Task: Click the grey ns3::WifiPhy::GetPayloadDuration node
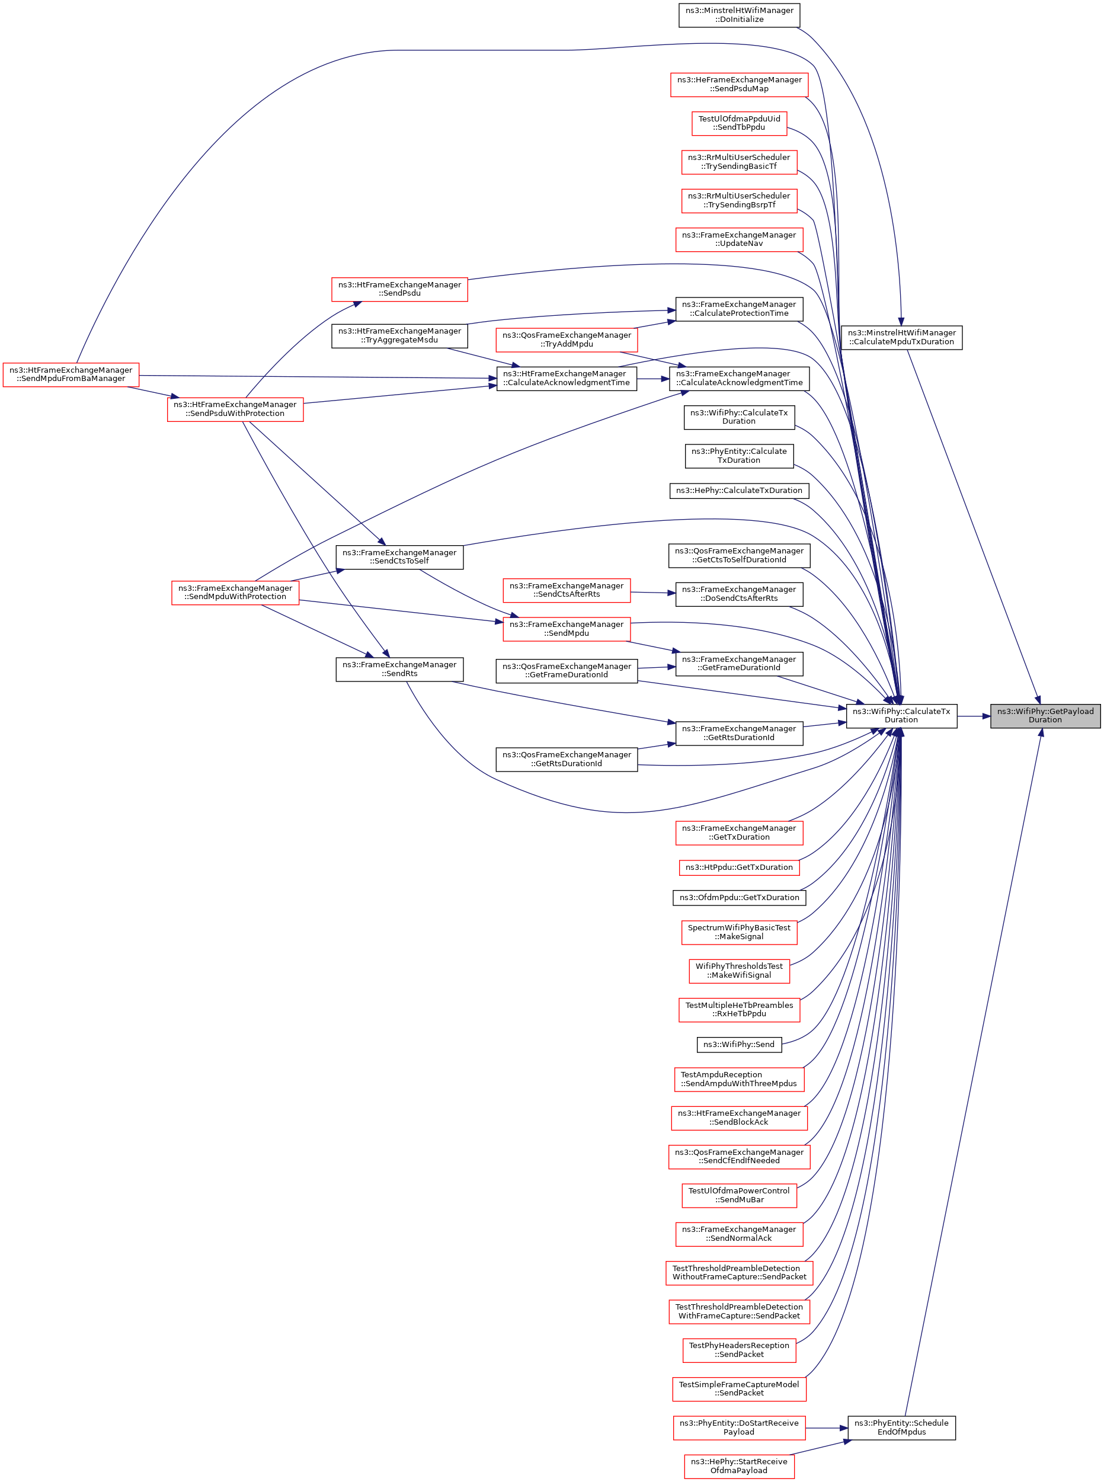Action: (1045, 716)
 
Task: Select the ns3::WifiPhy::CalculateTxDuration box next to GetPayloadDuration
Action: (901, 716)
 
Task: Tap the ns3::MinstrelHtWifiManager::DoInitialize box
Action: (738, 15)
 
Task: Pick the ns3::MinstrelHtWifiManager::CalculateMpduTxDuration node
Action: (901, 337)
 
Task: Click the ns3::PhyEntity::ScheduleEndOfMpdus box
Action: (901, 1428)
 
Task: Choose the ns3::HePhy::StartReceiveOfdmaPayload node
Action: (738, 1466)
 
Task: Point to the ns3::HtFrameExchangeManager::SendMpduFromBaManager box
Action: (71, 374)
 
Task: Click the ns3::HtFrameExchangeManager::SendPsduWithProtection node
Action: (235, 409)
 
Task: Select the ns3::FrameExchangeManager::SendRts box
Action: (399, 669)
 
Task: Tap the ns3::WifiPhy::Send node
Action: (738, 1044)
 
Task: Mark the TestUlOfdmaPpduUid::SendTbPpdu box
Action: (738, 123)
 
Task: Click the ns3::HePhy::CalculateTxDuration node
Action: (738, 491)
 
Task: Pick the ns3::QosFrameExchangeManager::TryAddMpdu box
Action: (566, 340)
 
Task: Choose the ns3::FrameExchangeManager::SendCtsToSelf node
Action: (399, 556)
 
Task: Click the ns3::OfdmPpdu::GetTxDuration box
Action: (738, 897)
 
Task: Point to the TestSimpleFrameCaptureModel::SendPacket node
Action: (738, 1388)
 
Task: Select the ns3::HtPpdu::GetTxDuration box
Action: (738, 868)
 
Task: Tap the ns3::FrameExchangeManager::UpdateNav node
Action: (738, 239)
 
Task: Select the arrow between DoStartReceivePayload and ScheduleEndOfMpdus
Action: (826, 1428)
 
